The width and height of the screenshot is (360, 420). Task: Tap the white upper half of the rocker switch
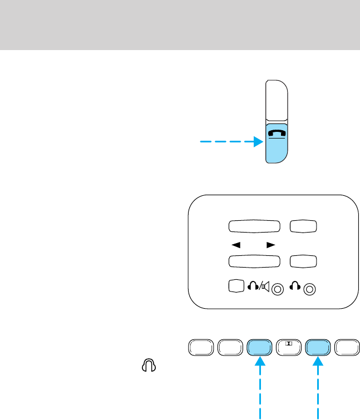277,100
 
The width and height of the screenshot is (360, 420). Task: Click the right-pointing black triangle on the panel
271,244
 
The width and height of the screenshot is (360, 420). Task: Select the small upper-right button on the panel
303,226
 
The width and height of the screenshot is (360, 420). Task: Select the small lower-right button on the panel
303,261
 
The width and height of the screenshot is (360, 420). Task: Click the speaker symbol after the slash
266,287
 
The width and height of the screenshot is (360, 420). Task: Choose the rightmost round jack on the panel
311,289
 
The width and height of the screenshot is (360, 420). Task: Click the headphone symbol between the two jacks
298,287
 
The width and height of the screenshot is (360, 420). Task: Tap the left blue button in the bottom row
259,347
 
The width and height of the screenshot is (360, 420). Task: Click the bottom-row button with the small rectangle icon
288,347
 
